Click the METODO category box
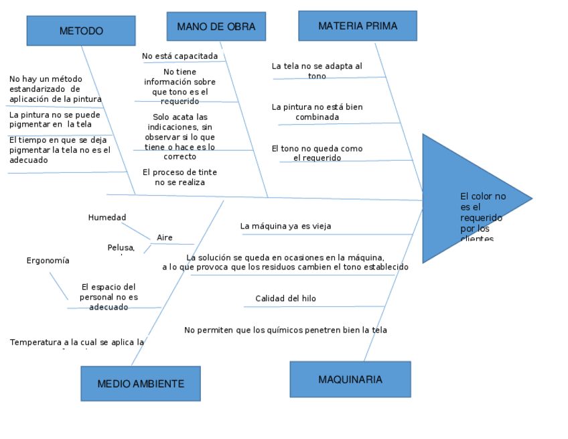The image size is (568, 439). pyautogui.click(x=81, y=31)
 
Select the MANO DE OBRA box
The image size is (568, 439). pyautogui.click(x=216, y=27)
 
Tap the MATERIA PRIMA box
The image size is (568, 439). pyautogui.click(x=357, y=26)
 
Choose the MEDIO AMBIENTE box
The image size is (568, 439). pyautogui.click(x=141, y=383)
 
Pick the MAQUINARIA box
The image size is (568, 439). pyautogui.click(x=350, y=379)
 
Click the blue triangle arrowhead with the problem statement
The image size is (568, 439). pyautogui.click(x=469, y=198)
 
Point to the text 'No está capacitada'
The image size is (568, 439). pyautogui.click(x=180, y=56)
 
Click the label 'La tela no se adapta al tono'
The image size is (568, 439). pyautogui.click(x=317, y=71)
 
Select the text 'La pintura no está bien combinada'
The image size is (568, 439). pyautogui.click(x=317, y=112)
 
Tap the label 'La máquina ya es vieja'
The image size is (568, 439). pyautogui.click(x=285, y=227)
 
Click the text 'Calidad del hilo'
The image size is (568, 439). pyautogui.click(x=285, y=298)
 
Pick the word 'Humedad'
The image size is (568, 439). pyautogui.click(x=107, y=217)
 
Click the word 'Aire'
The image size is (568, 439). pyautogui.click(x=165, y=237)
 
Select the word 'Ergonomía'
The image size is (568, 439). pyautogui.click(x=48, y=260)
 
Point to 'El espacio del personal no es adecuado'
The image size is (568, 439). pyautogui.click(x=109, y=296)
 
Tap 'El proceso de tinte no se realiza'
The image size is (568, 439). pyautogui.click(x=180, y=177)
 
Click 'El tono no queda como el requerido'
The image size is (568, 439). pyautogui.click(x=317, y=153)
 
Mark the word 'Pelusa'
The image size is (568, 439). pyautogui.click(x=121, y=248)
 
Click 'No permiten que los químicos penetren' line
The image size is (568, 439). pyautogui.click(x=285, y=330)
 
